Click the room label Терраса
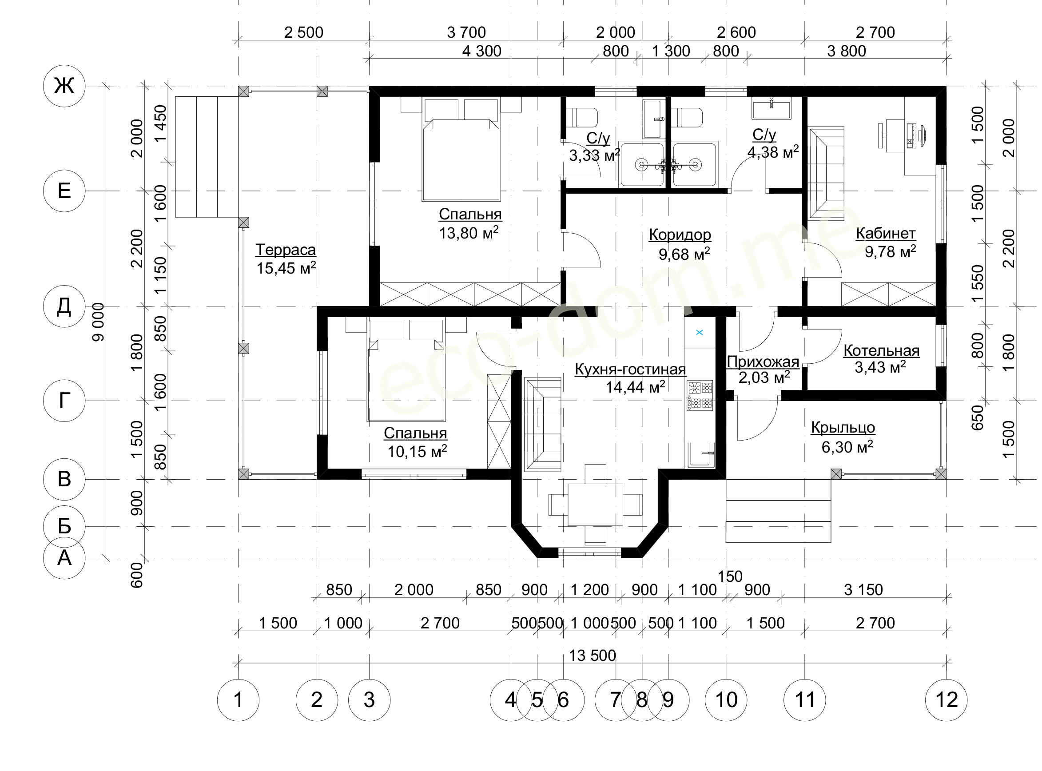286,250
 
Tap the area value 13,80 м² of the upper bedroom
469,232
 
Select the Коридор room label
680,235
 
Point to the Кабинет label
886,233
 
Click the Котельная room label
882,350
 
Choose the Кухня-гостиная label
630,369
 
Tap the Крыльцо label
843,428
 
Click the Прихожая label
763,362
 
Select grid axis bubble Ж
64,86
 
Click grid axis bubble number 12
947,699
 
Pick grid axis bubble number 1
239,699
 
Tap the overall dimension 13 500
592,655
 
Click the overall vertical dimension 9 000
98,322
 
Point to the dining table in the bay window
595,505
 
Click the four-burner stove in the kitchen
700,395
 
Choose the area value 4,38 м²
773,152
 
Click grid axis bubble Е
64,191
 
